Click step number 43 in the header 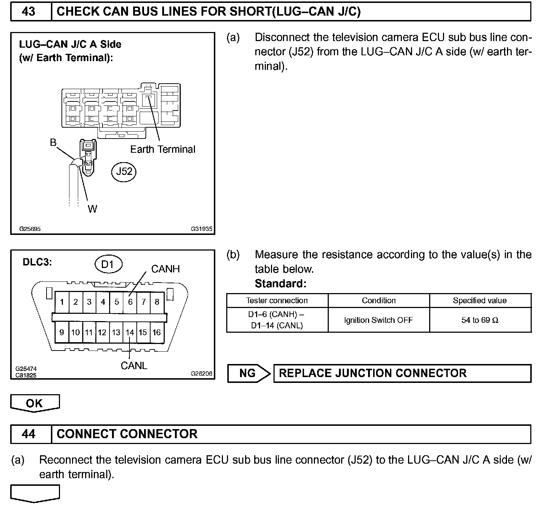(29, 12)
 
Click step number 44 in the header (29, 434)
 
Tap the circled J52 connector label (124, 171)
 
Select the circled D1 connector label (108, 264)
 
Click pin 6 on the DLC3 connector (130, 302)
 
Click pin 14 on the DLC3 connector (130, 332)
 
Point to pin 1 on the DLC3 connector (62, 302)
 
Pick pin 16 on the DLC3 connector (156, 332)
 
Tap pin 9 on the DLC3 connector (62, 332)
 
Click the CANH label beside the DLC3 (165, 269)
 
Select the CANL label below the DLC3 (134, 365)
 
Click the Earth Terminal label (163, 149)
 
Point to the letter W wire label (92, 209)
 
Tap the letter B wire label (53, 143)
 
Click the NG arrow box (249, 373)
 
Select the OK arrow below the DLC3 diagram (35, 403)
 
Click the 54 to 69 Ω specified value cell (480, 320)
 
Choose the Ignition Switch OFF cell (378, 320)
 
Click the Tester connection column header (277, 300)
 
